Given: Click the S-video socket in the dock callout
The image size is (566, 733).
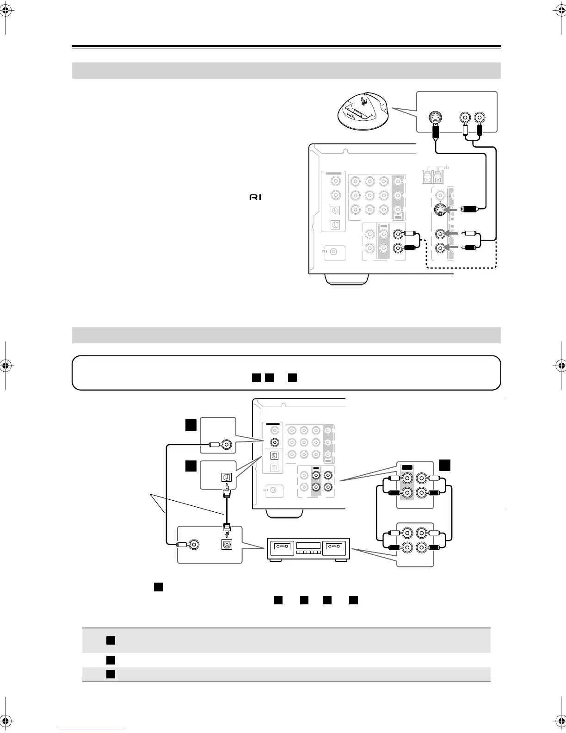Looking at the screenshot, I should click(x=435, y=118).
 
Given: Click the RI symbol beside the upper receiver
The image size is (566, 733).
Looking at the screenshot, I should click(x=255, y=197).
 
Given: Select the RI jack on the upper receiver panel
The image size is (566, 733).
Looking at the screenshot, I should click(x=334, y=252).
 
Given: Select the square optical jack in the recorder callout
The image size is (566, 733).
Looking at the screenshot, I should click(x=227, y=545).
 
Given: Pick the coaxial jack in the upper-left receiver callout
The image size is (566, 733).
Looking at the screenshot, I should click(x=227, y=445).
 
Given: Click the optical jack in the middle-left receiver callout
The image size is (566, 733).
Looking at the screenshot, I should click(x=227, y=477).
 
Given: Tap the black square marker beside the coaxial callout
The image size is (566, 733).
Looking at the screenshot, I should click(x=191, y=425).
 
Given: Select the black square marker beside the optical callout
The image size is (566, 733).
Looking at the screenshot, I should click(x=191, y=466).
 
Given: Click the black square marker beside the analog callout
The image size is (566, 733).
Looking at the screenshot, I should click(x=444, y=465).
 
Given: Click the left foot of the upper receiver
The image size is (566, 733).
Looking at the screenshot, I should click(x=347, y=279).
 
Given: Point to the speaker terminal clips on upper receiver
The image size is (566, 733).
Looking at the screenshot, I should click(x=432, y=176).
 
